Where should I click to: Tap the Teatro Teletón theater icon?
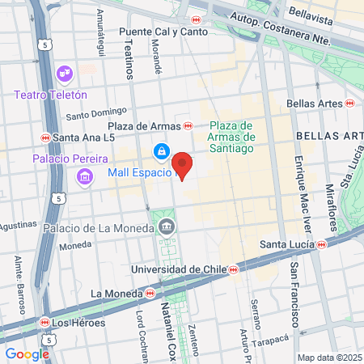(64, 75)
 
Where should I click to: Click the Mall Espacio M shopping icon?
(162, 151)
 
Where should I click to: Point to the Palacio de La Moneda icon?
(167, 226)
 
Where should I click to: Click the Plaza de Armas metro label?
(144, 126)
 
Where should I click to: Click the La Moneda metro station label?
(117, 293)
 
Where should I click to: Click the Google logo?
(27, 353)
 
